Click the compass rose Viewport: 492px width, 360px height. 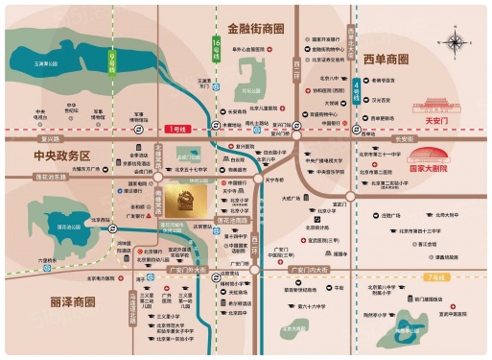click(452, 42)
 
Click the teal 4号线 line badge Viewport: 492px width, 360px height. click(358, 87)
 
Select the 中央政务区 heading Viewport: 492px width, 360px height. click(60, 156)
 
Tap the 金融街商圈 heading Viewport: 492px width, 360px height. click(257, 30)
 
